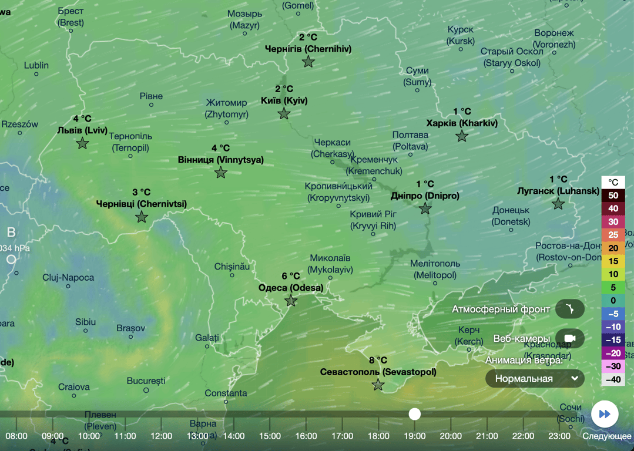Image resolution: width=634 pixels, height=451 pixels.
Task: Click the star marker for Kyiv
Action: [284, 114]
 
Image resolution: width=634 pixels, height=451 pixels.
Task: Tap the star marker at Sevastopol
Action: [378, 385]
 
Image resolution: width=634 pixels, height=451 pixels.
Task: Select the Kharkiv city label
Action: [462, 123]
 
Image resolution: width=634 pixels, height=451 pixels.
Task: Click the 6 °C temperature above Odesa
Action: [290, 276]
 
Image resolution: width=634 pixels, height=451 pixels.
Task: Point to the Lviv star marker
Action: [82, 143]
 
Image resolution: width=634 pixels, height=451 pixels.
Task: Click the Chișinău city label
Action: [233, 266]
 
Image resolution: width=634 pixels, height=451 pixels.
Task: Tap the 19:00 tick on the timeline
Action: [415, 436]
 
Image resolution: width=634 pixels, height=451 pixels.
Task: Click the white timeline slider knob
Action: [415, 414]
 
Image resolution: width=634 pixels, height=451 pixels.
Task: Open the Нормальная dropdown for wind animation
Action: [535, 379]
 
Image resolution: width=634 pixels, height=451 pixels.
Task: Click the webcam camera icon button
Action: [569, 339]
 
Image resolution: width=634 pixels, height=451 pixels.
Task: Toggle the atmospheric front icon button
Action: [569, 309]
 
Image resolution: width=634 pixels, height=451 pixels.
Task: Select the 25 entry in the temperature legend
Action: [613, 235]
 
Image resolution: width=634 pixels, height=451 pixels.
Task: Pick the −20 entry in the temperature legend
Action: [613, 353]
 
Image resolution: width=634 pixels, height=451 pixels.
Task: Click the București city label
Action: [146, 381]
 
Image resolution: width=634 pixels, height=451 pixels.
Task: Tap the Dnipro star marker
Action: [425, 209]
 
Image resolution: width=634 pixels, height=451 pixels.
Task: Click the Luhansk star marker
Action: [558, 204]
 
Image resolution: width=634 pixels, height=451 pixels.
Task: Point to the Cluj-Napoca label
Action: [68, 277]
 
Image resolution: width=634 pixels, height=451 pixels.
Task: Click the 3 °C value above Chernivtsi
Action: [142, 193]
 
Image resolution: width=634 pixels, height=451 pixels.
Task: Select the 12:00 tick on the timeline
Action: [161, 436]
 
